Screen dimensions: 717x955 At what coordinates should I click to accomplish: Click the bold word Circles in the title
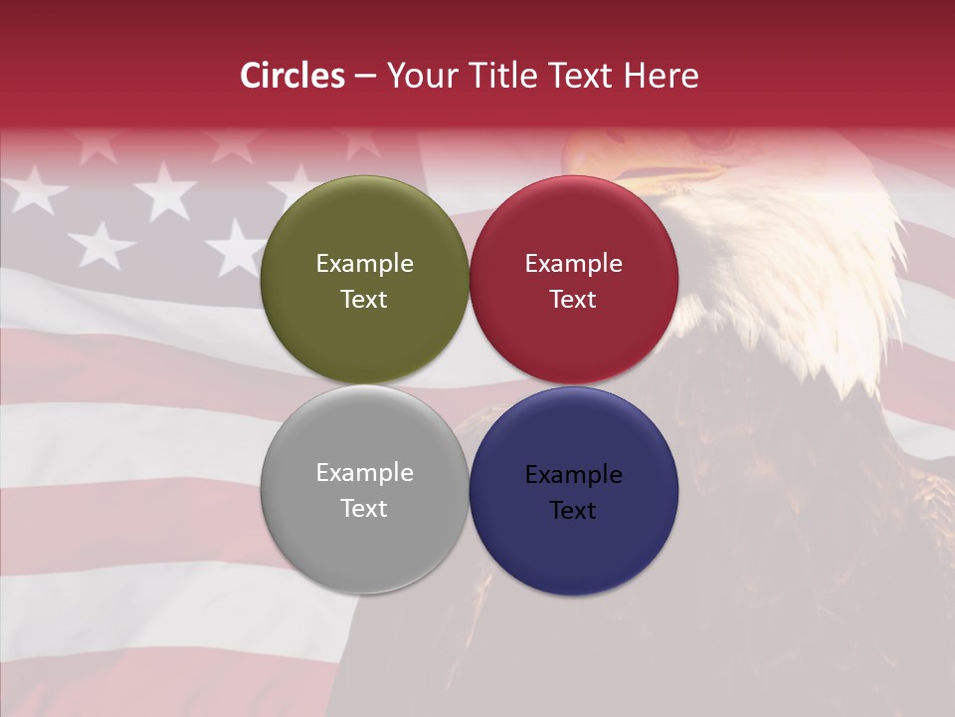292,76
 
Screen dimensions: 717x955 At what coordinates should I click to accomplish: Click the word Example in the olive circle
364,264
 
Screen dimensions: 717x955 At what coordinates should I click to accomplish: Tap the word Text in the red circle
573,300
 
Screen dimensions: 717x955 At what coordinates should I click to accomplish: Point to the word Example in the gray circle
364,473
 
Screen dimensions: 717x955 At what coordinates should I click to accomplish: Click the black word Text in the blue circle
573,511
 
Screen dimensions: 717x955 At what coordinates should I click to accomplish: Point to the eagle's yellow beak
637,169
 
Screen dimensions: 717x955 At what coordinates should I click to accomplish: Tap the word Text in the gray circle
364,509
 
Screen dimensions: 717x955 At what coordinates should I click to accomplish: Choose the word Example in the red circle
573,264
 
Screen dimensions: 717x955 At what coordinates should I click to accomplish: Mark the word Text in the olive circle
364,300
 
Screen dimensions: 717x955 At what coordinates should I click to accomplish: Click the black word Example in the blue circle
573,475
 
